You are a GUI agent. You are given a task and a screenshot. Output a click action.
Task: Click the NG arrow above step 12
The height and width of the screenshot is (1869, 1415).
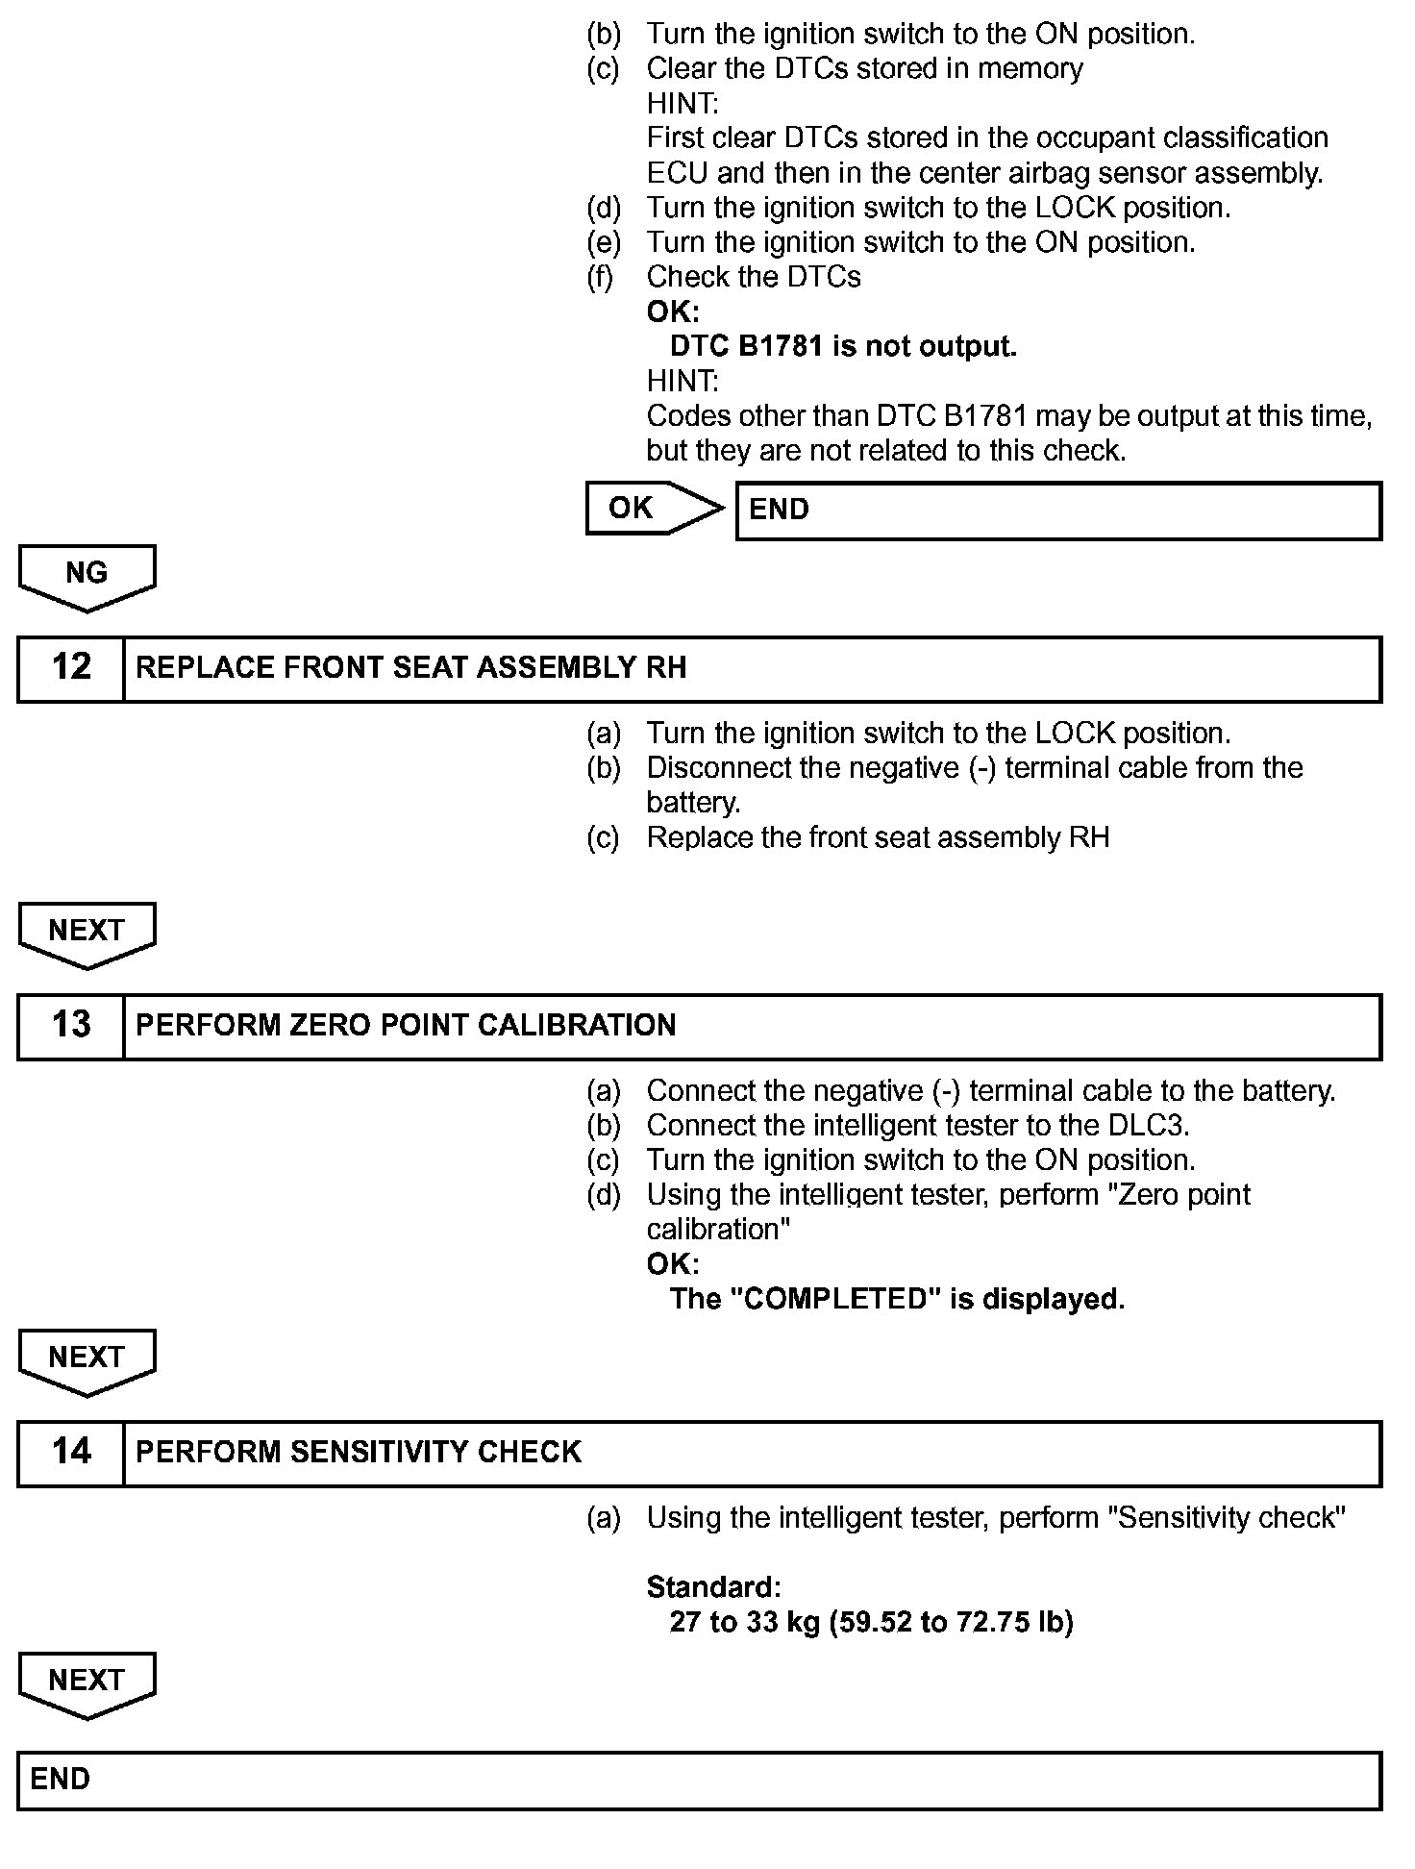(87, 575)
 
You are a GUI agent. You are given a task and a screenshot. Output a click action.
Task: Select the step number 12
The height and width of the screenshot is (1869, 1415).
(71, 667)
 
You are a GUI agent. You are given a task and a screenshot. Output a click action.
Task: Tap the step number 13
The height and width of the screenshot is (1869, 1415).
(71, 1025)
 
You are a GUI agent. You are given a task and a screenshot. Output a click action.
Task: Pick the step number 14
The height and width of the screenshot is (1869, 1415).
(71, 1452)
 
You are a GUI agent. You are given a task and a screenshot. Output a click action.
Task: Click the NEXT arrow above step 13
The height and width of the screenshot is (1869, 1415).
(87, 933)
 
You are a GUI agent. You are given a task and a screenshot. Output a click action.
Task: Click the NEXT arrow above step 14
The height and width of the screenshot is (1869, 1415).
(87, 1359)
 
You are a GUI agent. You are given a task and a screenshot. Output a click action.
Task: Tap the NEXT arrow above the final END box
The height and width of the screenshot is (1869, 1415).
(87, 1682)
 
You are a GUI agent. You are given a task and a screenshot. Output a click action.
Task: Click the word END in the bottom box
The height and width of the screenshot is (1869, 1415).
(60, 1780)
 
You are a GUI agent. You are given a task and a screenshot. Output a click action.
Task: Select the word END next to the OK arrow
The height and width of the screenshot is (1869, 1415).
(779, 510)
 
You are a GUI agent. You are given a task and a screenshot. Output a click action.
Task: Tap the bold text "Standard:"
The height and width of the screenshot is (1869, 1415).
(713, 1587)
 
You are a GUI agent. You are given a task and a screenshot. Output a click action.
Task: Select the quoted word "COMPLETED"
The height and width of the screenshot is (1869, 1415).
(835, 1300)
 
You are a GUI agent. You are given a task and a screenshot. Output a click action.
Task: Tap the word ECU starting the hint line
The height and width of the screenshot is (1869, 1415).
(677, 174)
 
